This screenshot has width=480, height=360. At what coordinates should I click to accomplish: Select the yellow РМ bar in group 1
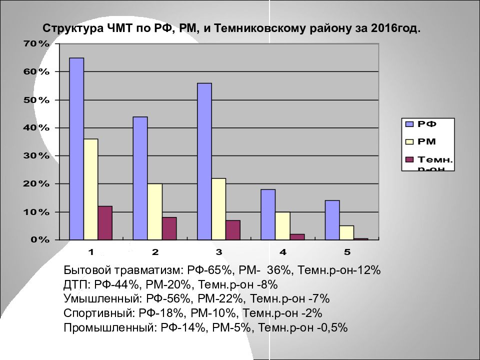tap(91, 189)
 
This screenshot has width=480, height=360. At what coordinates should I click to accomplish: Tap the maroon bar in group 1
tap(105, 223)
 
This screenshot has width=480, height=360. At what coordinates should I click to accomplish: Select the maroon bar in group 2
tap(169, 228)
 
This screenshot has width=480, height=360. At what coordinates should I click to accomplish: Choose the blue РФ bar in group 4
tap(268, 214)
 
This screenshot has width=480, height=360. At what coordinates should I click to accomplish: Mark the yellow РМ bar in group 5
tap(346, 233)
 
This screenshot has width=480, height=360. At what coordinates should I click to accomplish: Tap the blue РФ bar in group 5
tap(332, 220)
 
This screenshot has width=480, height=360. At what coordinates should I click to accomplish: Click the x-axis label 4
tap(283, 251)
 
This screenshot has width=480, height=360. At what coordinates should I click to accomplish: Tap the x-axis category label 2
tap(155, 251)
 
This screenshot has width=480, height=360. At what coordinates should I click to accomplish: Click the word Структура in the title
tap(72, 28)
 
